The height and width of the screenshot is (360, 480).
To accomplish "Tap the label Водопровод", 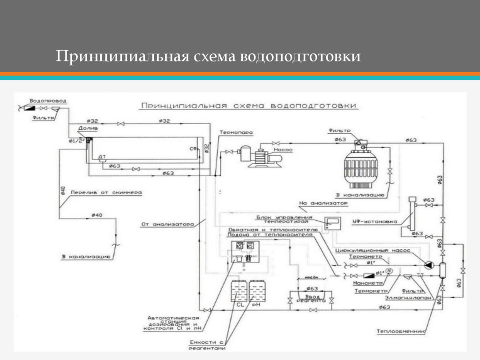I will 48,101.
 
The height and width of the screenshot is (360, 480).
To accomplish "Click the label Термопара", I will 236,133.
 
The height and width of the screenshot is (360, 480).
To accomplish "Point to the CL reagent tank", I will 239,293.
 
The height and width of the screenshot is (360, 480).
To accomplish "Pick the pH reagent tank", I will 257,293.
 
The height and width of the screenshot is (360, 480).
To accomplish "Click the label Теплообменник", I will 401,331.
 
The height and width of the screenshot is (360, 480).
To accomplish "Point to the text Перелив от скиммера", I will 106,192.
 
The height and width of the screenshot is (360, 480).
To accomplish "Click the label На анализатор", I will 323,203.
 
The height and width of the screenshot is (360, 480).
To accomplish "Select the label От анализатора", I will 167,224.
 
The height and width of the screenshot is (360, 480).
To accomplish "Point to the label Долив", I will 88,128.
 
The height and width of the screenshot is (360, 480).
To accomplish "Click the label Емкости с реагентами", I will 207,345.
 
